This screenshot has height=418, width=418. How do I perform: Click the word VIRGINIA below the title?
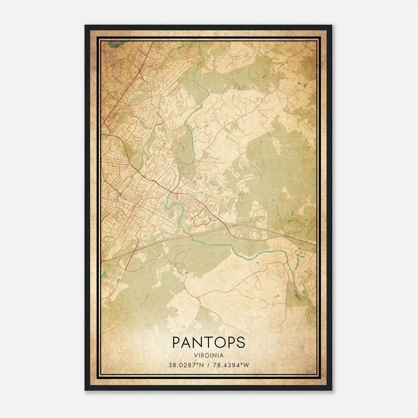209,355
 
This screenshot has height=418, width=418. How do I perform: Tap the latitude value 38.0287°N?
186,365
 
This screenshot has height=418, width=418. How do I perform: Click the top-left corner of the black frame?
85,26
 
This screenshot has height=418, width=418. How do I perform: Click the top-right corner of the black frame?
332,26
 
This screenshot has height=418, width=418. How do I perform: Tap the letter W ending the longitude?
247,365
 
